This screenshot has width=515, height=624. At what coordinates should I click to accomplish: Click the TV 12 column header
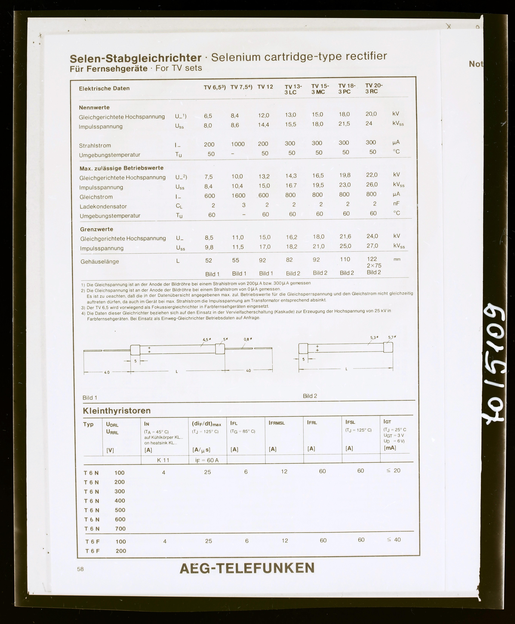click(265, 87)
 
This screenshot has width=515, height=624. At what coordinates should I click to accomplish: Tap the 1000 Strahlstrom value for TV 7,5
click(238, 144)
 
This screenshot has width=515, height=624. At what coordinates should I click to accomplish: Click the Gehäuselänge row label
click(100, 262)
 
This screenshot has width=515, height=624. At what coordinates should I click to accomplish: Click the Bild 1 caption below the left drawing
click(90, 398)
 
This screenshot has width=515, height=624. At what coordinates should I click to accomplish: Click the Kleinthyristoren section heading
click(117, 411)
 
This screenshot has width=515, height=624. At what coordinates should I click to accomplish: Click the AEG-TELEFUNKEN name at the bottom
click(247, 568)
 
